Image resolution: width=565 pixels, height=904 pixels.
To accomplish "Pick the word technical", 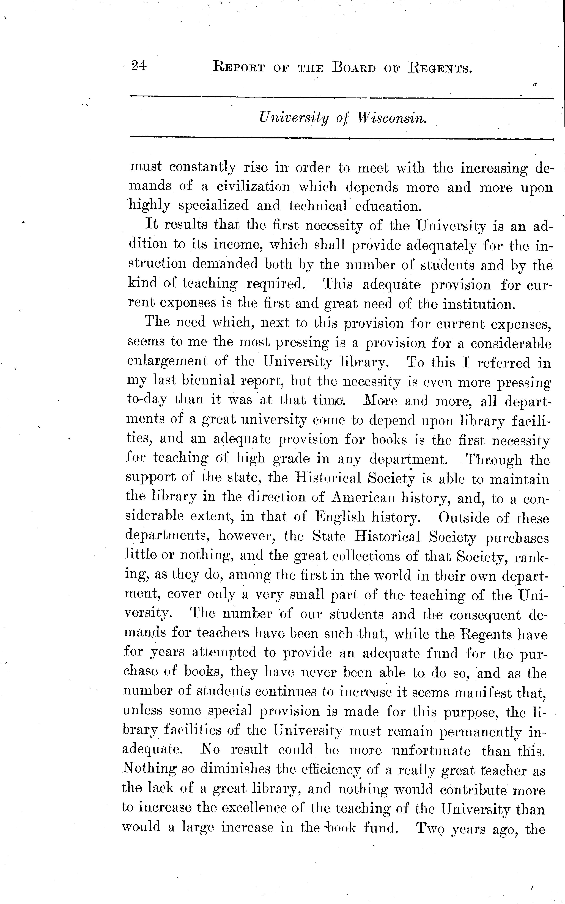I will coord(318,206).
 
